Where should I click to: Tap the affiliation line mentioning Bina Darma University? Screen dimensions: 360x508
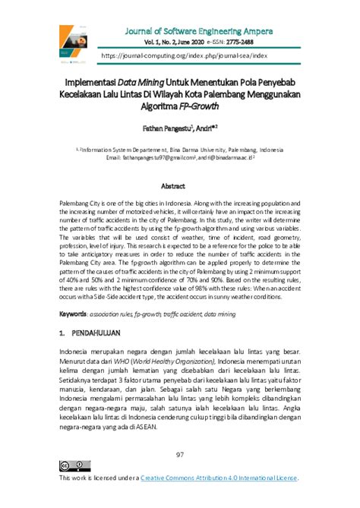tap(179, 150)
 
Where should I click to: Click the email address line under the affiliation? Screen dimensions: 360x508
tap(179, 158)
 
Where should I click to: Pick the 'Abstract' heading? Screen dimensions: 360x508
tap(179, 185)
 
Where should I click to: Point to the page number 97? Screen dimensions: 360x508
tap(180, 454)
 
